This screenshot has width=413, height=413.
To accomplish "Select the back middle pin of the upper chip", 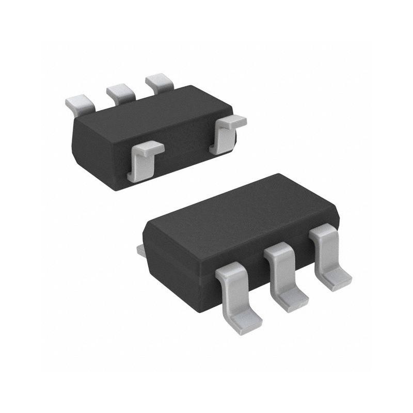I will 120,92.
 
